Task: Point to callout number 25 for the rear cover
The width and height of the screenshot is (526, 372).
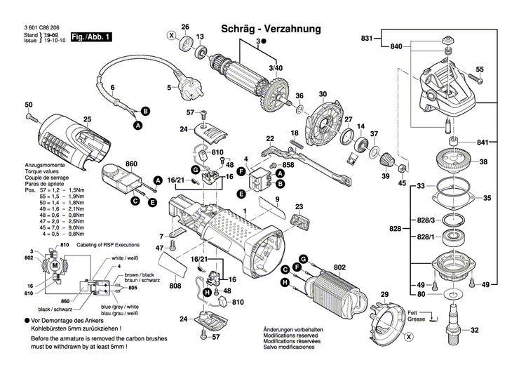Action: tap(88, 119)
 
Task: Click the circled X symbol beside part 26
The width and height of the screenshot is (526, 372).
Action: tap(170, 34)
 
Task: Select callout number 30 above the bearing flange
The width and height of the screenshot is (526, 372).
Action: tap(323, 94)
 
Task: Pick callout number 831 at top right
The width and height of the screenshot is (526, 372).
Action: tap(367, 38)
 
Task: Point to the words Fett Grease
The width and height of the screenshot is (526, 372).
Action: tap(417, 316)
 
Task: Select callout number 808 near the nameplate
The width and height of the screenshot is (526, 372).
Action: tap(175, 286)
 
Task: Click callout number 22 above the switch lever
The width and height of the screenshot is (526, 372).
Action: tap(269, 139)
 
